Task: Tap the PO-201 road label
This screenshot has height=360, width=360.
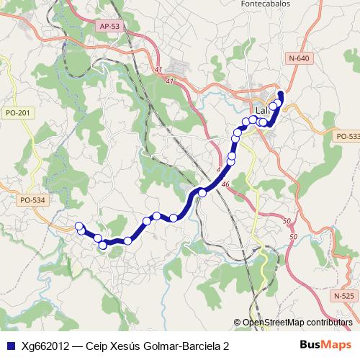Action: tap(17, 112)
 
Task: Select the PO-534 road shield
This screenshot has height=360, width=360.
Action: tap(32, 200)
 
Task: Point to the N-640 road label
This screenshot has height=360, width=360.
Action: tap(298, 58)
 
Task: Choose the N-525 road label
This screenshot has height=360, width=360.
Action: tap(345, 296)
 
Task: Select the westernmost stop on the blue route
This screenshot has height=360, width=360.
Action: tap(80, 227)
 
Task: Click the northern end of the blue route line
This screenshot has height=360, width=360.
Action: tap(281, 94)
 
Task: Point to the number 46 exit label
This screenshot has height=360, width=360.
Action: tap(225, 185)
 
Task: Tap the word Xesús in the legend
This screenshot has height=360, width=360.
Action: tap(127, 346)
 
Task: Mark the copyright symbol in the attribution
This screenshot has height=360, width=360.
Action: tap(238, 323)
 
